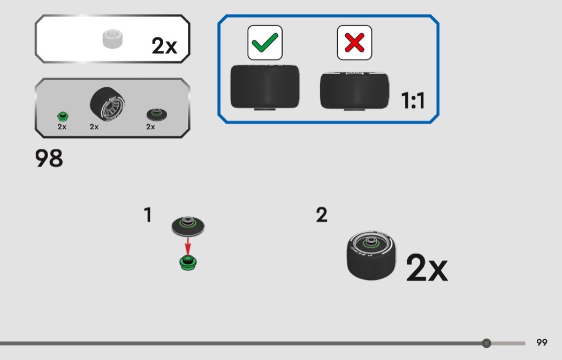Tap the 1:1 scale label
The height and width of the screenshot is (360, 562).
pyautogui.click(x=413, y=100)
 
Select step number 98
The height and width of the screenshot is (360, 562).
pyautogui.click(x=49, y=159)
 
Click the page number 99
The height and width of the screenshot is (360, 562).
pyautogui.click(x=542, y=342)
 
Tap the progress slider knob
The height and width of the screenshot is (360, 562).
pyautogui.click(x=486, y=343)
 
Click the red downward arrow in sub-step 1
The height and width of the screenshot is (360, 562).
pyautogui.click(x=187, y=246)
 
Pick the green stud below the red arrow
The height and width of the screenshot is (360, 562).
pyautogui.click(x=187, y=262)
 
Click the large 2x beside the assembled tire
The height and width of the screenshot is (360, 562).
pyautogui.click(x=426, y=268)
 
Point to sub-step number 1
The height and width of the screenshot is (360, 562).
pyautogui.click(x=148, y=215)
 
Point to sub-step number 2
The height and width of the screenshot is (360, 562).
pyautogui.click(x=321, y=215)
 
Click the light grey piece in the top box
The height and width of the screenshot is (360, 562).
pyautogui.click(x=113, y=39)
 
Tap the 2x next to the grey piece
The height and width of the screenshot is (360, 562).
pyautogui.click(x=164, y=47)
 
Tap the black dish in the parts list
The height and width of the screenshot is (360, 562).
pyautogui.click(x=156, y=114)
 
